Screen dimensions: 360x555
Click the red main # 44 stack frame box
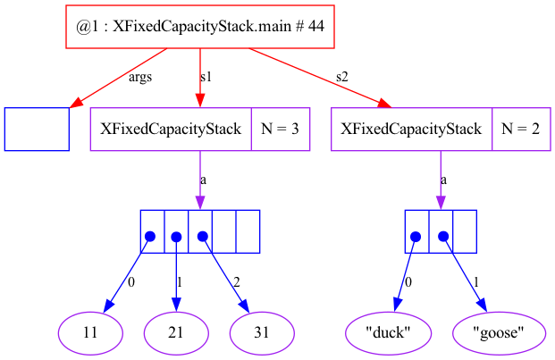click(x=200, y=28)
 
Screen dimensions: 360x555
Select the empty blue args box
click(x=37, y=130)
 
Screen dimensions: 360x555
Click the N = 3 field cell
click(x=280, y=130)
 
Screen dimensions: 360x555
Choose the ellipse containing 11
click(x=91, y=333)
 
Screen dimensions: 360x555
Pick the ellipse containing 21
click(x=177, y=333)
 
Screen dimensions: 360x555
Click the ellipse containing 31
click(x=263, y=333)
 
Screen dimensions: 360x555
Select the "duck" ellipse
click(x=389, y=333)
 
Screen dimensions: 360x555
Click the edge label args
click(x=140, y=78)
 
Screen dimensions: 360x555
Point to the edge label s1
click(x=206, y=78)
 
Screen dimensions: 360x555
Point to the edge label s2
click(x=342, y=78)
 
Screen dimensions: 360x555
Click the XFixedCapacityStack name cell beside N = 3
click(x=171, y=130)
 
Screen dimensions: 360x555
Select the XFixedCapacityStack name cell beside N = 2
click(x=412, y=130)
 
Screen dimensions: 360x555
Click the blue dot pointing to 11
click(x=150, y=237)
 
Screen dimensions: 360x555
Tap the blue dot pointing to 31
click(x=203, y=237)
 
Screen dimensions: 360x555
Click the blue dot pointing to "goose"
click(x=441, y=237)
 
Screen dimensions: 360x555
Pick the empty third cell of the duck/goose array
click(x=465, y=232)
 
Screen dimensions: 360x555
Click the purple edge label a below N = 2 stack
click(x=444, y=180)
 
